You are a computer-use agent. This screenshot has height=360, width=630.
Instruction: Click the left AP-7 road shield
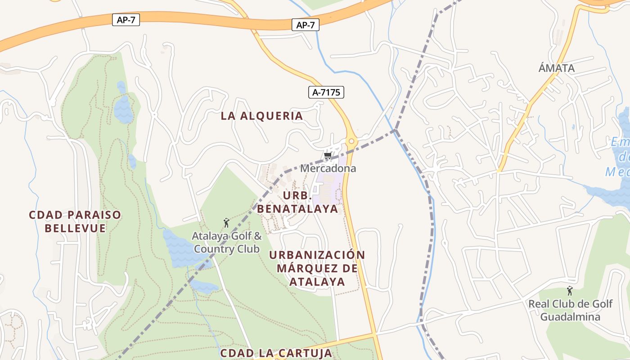coord(126,19)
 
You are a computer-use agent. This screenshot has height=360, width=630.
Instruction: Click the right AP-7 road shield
coord(306,25)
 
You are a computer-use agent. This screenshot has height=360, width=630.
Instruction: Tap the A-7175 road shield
coord(326,92)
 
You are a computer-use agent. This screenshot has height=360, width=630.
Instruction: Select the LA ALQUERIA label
coord(262,116)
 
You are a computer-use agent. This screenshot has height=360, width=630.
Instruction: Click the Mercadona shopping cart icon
coord(328,157)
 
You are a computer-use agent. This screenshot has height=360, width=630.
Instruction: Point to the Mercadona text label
coord(328,168)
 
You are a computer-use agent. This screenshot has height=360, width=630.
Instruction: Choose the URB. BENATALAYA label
coord(297,202)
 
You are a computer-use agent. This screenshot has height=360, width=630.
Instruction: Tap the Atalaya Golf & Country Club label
coord(227,242)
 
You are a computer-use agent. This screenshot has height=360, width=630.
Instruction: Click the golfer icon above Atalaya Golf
coord(226,222)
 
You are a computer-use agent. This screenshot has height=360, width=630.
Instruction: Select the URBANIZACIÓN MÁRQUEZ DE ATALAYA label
coord(317,268)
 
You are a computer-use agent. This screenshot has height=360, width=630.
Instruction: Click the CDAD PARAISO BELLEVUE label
coord(75,221)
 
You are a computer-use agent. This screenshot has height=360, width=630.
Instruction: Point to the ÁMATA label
coord(557,68)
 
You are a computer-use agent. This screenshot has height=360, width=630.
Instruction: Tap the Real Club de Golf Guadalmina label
coord(570,310)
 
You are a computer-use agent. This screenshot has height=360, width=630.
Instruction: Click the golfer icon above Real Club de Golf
coord(570,291)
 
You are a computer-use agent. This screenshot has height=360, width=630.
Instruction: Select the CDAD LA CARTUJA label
coord(276,353)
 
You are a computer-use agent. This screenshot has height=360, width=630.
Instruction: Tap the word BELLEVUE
coord(75,228)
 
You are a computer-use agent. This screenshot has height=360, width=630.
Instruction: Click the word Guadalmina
coord(570,317)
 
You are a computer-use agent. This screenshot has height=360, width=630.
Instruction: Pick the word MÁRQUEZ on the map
coord(317,268)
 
